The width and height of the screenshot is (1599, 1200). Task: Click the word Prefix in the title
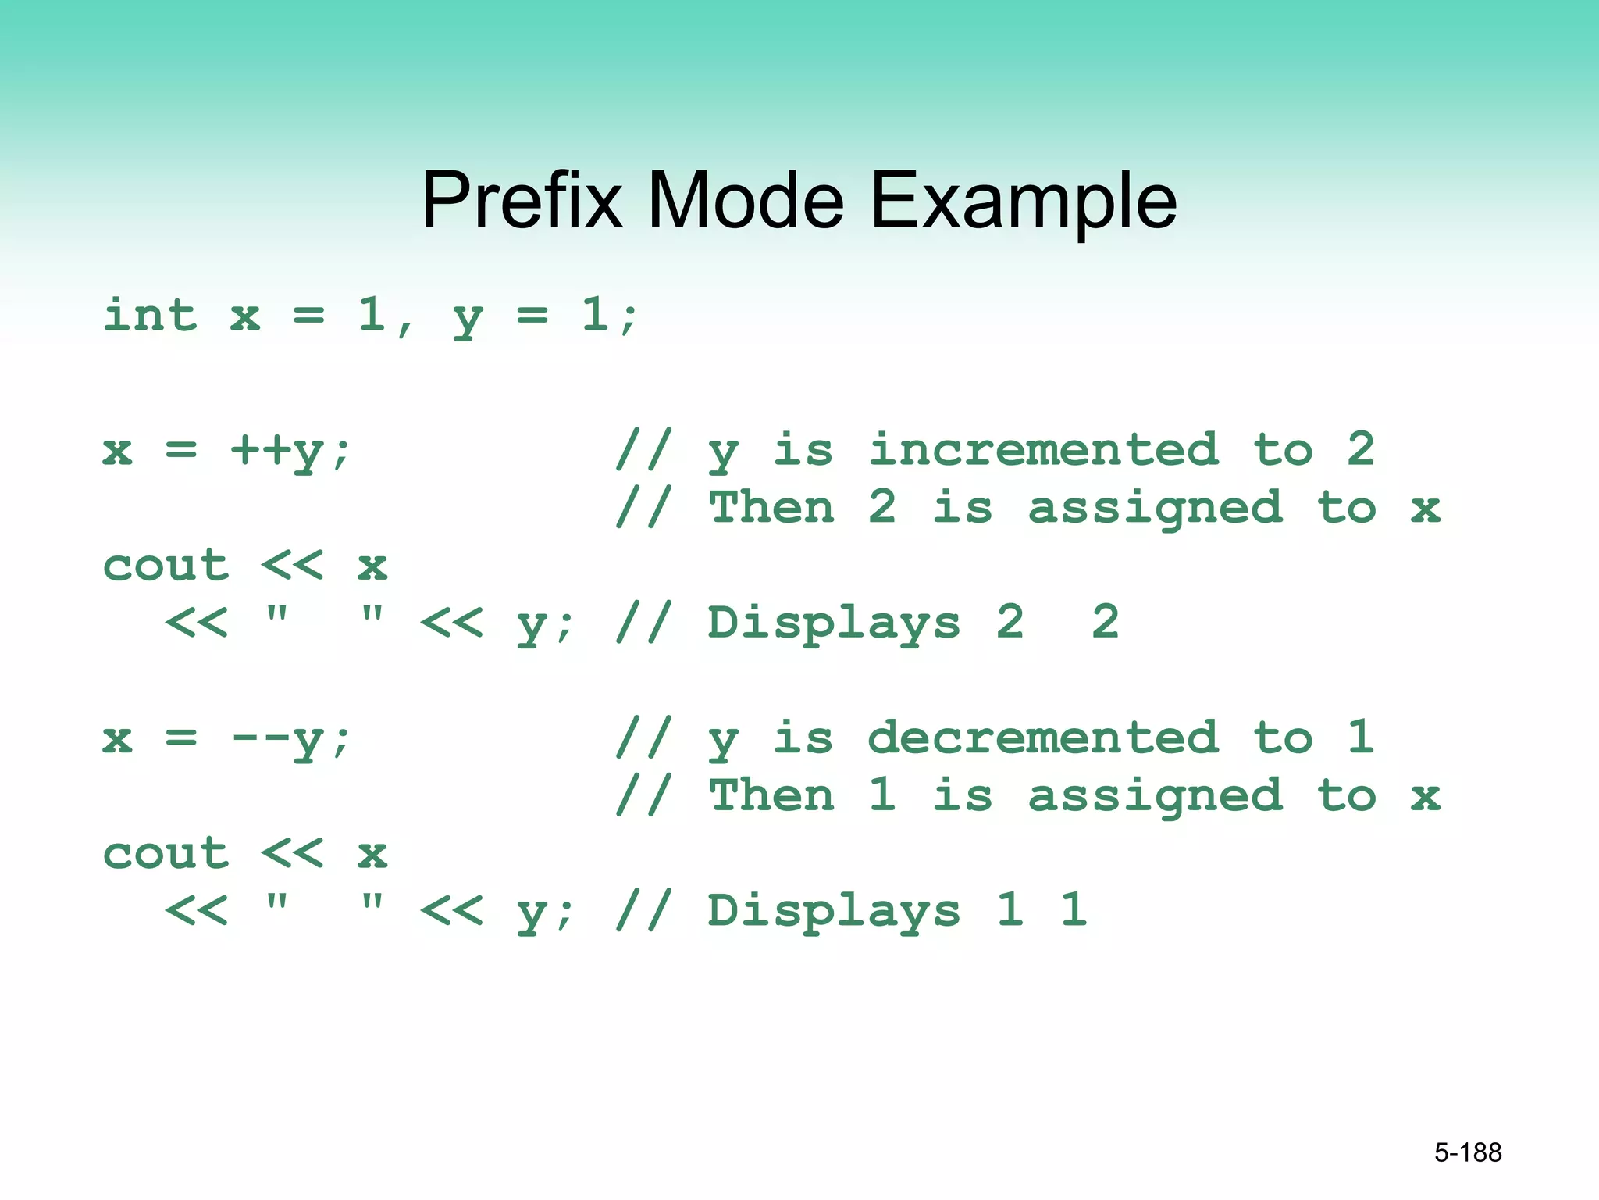(522, 201)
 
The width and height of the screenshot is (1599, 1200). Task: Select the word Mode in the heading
(745, 201)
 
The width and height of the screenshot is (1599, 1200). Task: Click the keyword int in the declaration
(150, 316)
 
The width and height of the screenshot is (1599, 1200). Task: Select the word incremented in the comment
(1043, 450)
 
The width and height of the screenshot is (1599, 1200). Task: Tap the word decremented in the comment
(1043, 738)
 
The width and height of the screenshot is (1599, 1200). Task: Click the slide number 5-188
(1467, 1152)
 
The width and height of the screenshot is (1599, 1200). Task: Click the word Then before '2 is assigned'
(771, 508)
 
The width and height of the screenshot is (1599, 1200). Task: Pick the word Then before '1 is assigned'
(771, 796)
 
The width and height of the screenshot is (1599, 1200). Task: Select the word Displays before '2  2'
(834, 623)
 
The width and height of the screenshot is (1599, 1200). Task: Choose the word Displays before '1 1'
(834, 912)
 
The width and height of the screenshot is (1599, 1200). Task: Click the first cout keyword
(166, 566)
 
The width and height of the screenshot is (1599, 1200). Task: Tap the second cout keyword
(166, 854)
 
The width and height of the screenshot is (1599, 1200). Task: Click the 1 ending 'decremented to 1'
(1360, 737)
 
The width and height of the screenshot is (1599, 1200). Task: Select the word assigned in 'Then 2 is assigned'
(1155, 509)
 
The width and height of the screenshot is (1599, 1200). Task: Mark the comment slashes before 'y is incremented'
(643, 450)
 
